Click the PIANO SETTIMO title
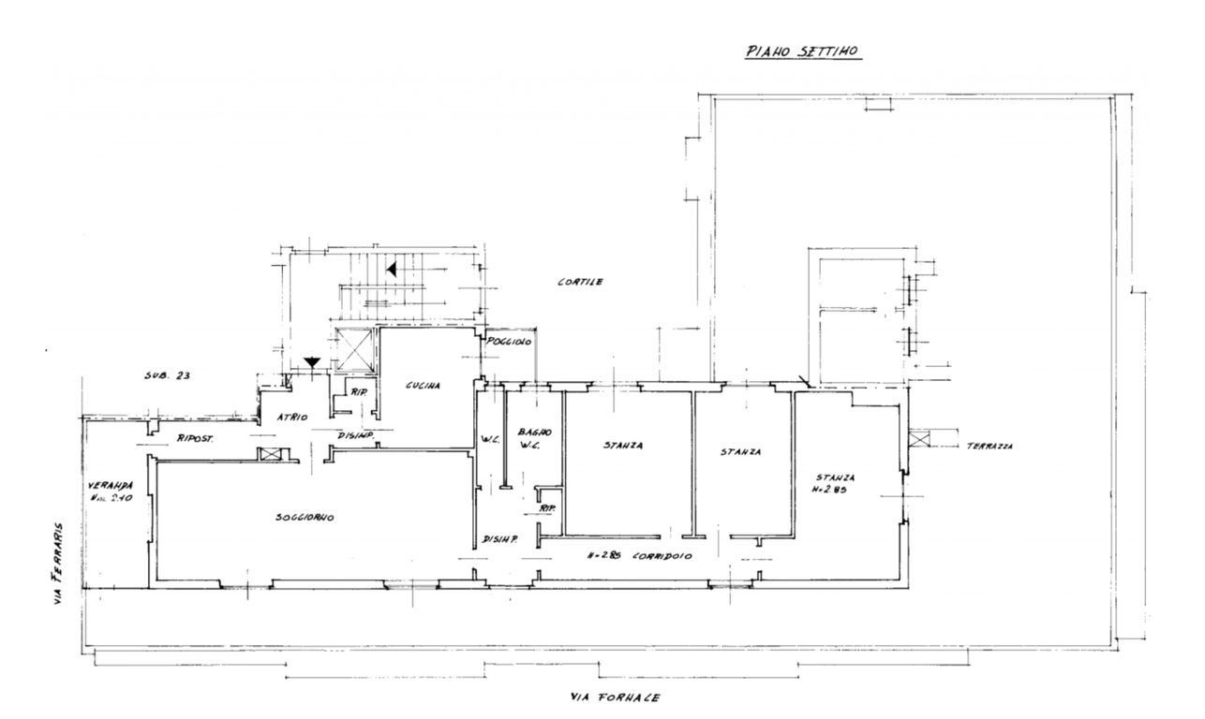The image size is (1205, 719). pos(803,53)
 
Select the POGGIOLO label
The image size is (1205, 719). pos(509,344)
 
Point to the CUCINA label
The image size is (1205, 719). pos(424,386)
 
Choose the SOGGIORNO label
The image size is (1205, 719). pos(305,518)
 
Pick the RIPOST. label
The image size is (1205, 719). pos(196,437)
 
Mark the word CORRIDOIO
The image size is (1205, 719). pos(662,555)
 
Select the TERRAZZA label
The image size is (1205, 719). pos(989,447)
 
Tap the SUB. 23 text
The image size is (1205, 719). pos(167,375)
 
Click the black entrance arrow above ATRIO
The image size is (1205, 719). pos(312,362)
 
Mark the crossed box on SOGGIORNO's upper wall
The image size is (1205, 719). pos(270,454)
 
